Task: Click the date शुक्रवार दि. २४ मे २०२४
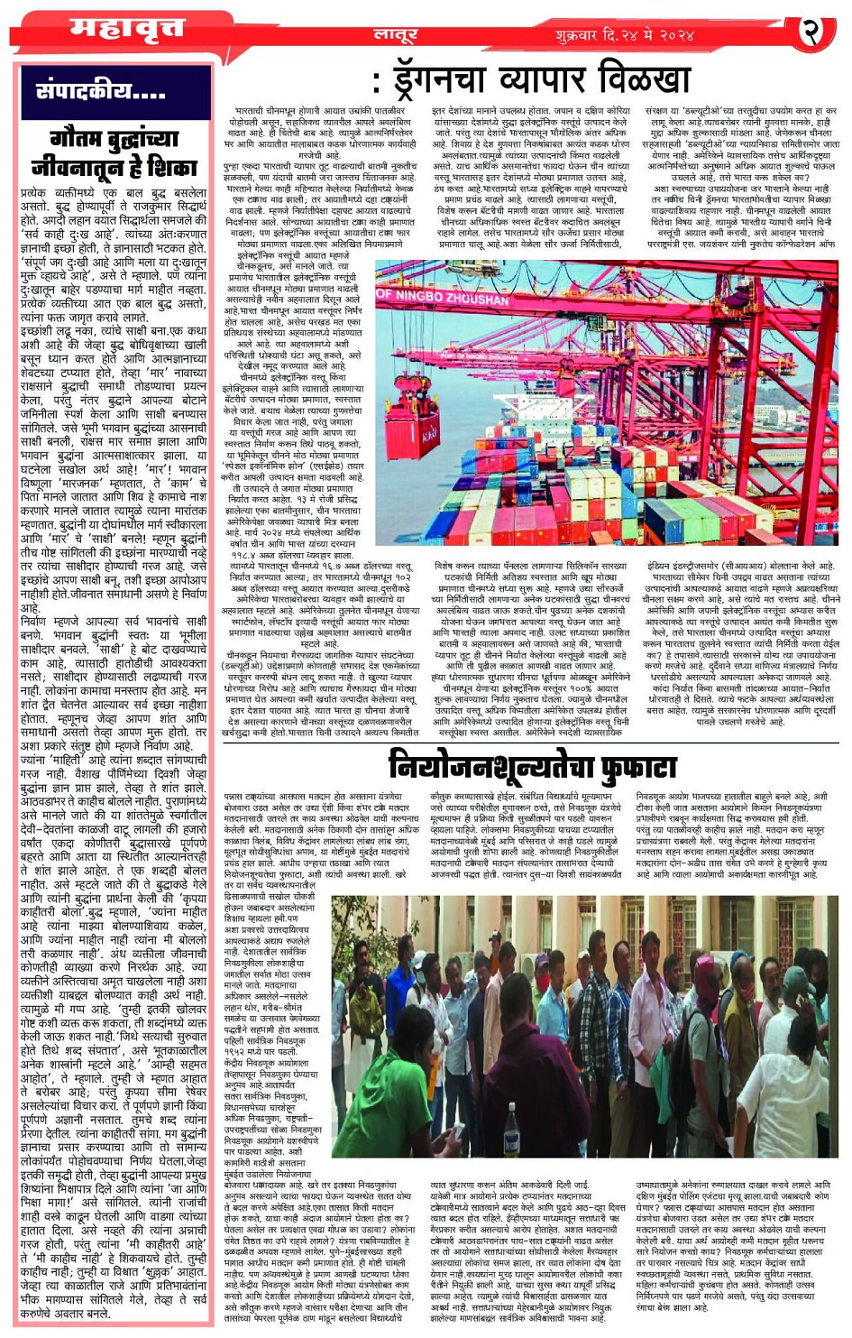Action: point(624,35)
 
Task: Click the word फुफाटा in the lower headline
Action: point(629,766)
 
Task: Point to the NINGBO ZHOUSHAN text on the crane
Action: point(443,297)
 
